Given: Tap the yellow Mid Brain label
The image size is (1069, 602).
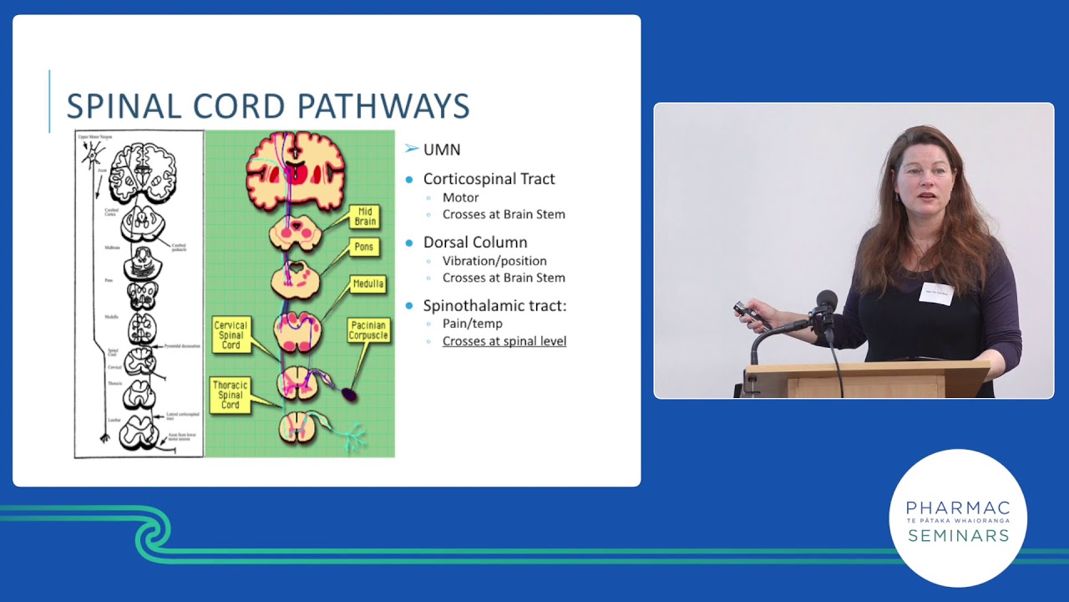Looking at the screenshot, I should [365, 217].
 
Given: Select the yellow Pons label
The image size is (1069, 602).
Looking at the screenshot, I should [365, 247].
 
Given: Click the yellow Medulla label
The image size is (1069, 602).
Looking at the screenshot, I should [367, 284].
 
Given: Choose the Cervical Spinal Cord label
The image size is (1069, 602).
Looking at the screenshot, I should [231, 335].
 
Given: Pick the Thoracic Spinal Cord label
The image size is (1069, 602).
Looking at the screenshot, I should [231, 395].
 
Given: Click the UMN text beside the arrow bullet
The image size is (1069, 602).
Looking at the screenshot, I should [442, 150].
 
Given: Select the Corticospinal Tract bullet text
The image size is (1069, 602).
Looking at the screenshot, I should [489, 179].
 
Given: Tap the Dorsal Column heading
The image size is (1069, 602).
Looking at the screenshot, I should [474, 242].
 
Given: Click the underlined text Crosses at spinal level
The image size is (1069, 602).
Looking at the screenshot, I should [504, 341].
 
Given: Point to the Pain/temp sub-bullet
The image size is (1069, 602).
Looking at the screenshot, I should [472, 324].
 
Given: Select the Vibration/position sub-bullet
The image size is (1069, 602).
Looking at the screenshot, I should [494, 261].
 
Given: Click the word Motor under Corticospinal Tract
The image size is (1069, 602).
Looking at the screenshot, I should [460, 198].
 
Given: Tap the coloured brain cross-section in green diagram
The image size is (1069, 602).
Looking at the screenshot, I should [296, 171].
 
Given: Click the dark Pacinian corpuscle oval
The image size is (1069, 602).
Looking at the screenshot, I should [349, 395].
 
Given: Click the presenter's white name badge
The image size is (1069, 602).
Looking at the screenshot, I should [935, 293].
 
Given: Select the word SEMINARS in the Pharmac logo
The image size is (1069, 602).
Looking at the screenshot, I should [958, 536].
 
